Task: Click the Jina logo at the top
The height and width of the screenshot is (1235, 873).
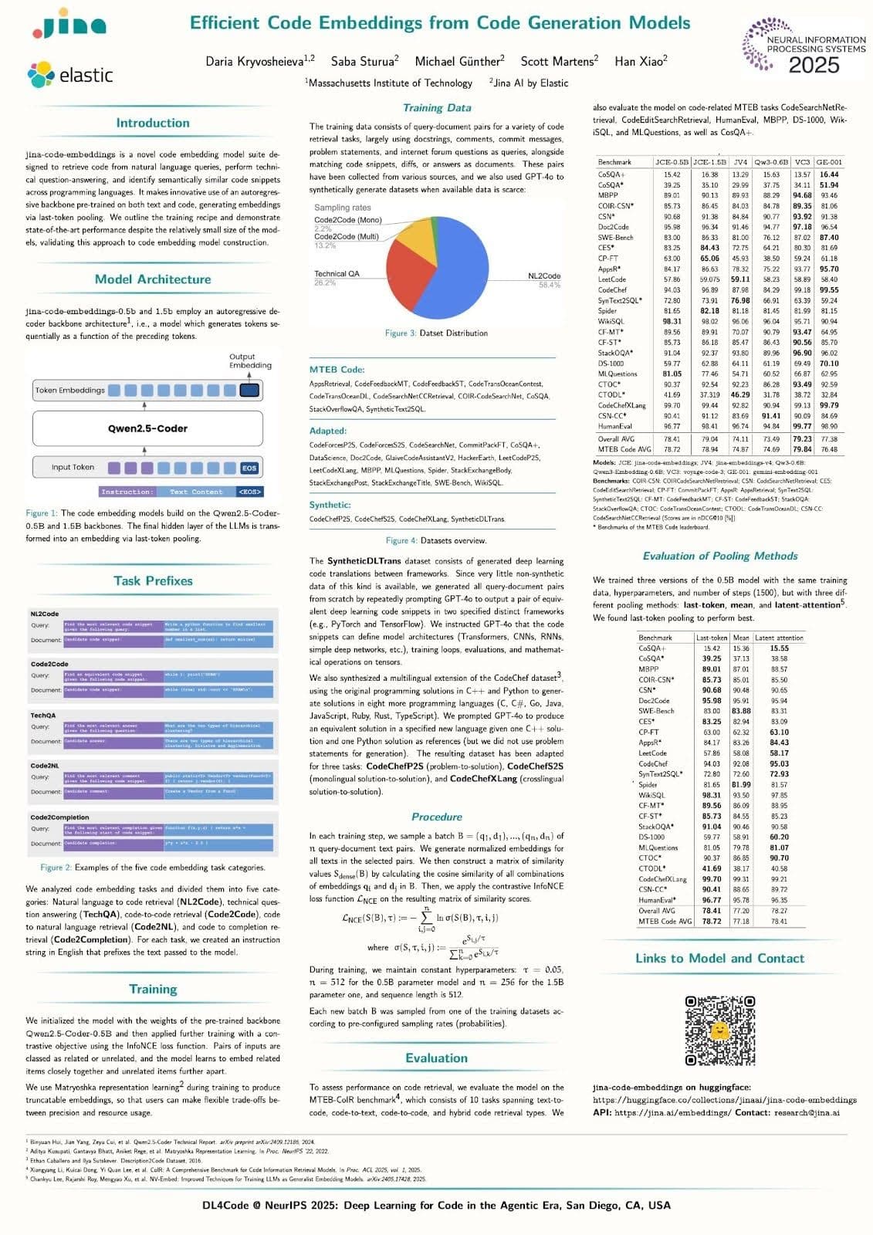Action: pyautogui.click(x=69, y=25)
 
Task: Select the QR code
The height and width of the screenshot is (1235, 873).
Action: pyautogui.click(x=719, y=1030)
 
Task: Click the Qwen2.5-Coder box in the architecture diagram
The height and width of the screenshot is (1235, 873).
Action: pyautogui.click(x=147, y=428)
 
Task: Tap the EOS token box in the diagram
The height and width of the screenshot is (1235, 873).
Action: pyautogui.click(x=249, y=468)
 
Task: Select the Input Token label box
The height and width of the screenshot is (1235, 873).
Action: pyautogui.click(x=73, y=467)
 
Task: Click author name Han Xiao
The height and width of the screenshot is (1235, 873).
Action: pyautogui.click(x=641, y=60)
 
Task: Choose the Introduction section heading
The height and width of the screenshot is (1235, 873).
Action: pyautogui.click(x=153, y=123)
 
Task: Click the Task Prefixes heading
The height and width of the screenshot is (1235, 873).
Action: pyautogui.click(x=153, y=580)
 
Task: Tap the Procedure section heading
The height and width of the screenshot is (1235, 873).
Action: pyautogui.click(x=437, y=817)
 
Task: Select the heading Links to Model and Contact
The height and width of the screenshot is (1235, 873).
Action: pyautogui.click(x=719, y=958)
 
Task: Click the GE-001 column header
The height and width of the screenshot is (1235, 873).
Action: pyautogui.click(x=828, y=162)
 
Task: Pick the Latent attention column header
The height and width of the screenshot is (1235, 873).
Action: pyautogui.click(x=779, y=638)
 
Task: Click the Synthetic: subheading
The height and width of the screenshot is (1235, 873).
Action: pyautogui.click(x=330, y=505)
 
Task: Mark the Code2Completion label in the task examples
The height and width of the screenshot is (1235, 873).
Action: pyautogui.click(x=59, y=817)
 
